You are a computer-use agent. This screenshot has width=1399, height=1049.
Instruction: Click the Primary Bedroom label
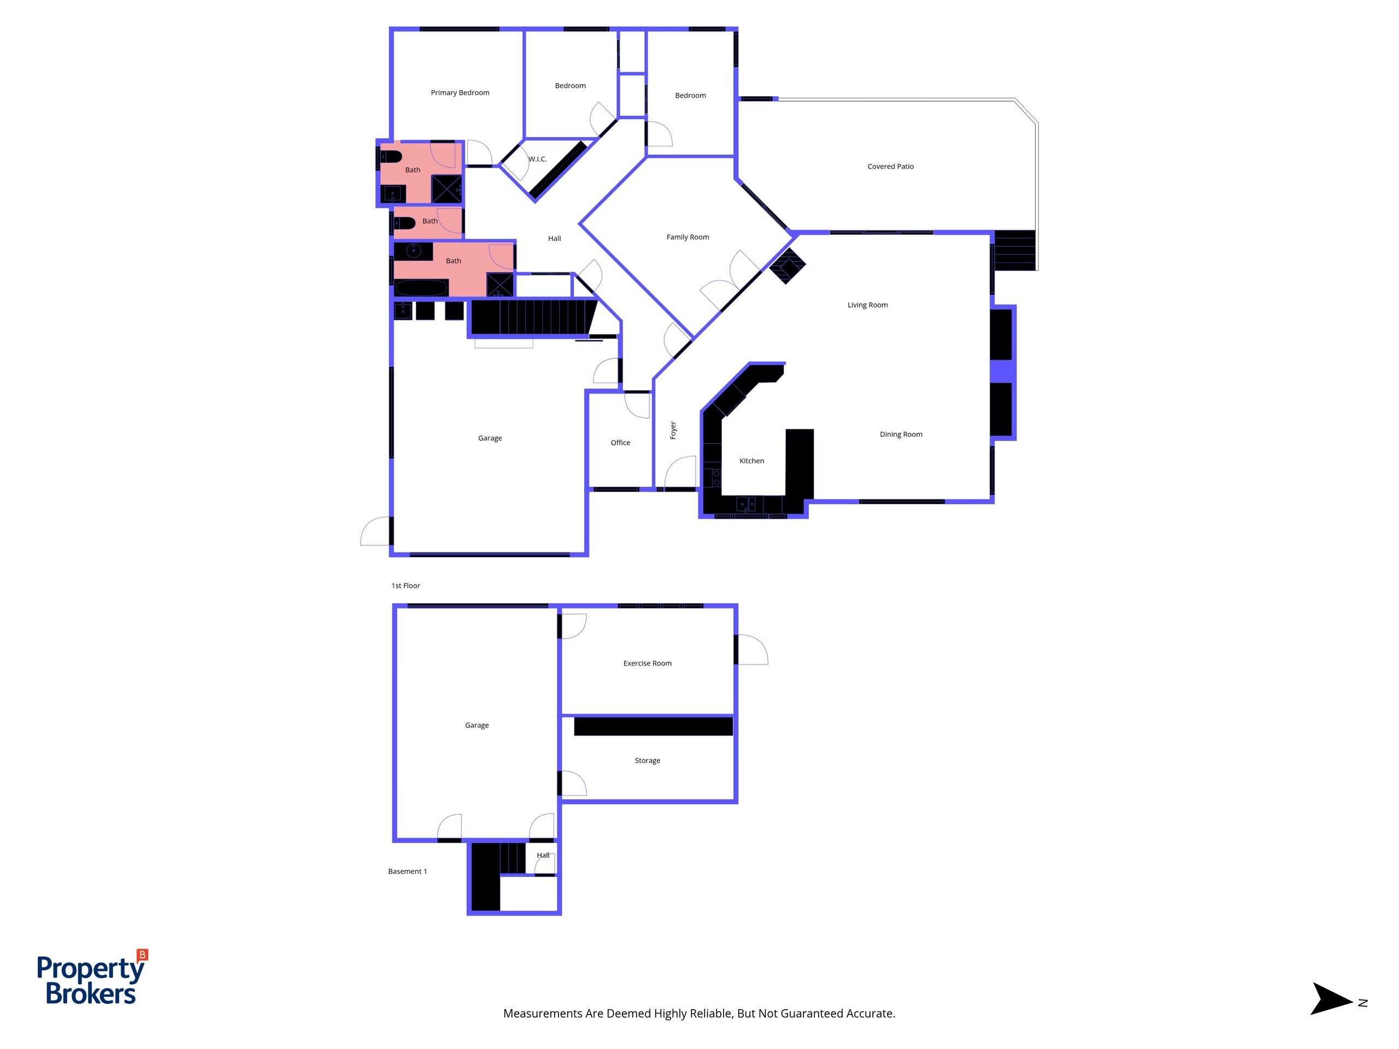pos(460,93)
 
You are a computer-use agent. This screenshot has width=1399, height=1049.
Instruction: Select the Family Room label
pos(687,237)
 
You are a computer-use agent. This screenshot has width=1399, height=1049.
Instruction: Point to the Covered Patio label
pos(891,166)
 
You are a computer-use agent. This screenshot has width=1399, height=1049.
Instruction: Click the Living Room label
pos(868,305)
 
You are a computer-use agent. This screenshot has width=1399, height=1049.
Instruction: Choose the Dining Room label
pos(901,434)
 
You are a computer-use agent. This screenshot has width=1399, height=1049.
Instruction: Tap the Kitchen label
pos(751,461)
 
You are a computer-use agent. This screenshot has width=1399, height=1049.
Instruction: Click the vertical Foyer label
pos(673,430)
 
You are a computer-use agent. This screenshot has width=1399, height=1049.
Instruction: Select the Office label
pos(620,443)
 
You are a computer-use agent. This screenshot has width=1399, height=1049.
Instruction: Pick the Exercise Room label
pos(648,663)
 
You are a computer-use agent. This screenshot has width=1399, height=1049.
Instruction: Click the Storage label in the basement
pos(648,761)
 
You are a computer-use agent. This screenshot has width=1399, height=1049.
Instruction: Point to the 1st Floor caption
pos(405,586)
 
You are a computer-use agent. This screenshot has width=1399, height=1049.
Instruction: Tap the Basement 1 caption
pos(407,871)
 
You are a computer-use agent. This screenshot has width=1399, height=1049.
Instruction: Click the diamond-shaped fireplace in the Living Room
pos(787,266)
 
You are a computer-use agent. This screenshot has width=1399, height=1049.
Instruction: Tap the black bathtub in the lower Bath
pos(422,288)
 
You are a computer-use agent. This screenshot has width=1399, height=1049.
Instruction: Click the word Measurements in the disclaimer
pos(543,1013)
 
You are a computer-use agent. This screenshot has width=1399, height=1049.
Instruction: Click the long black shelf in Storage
pos(654,727)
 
